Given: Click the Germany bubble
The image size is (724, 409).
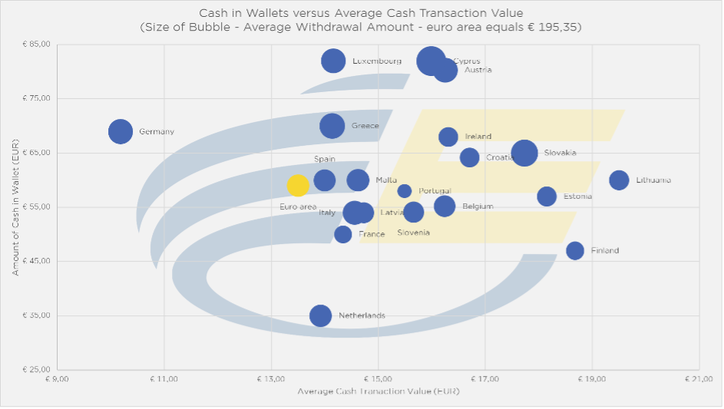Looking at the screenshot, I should [120, 131].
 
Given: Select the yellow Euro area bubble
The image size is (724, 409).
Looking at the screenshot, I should [298, 185].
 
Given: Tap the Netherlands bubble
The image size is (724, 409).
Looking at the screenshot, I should [321, 315].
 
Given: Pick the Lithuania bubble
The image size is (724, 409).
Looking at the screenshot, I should [619, 180].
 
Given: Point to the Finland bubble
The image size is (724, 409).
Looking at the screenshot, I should [574, 251].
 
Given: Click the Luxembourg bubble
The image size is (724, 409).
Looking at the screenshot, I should [333, 61].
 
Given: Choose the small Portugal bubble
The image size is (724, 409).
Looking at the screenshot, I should [405, 191].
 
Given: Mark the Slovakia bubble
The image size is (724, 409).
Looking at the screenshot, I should [524, 153].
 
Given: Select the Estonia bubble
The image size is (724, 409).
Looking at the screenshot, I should [547, 196].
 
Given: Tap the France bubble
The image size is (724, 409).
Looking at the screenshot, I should [343, 234].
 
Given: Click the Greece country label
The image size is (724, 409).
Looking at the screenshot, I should [365, 126].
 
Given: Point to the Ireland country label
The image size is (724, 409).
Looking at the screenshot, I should [478, 137].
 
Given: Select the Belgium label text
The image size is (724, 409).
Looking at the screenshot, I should [478, 206].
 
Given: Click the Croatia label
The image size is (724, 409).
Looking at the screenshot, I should [500, 158].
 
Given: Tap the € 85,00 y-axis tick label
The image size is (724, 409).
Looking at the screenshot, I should [36, 44].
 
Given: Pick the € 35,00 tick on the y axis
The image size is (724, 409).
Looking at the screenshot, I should [36, 315].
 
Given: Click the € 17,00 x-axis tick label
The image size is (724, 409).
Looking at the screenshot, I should [484, 379].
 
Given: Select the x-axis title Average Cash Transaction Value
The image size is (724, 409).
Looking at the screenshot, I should [378, 392].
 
